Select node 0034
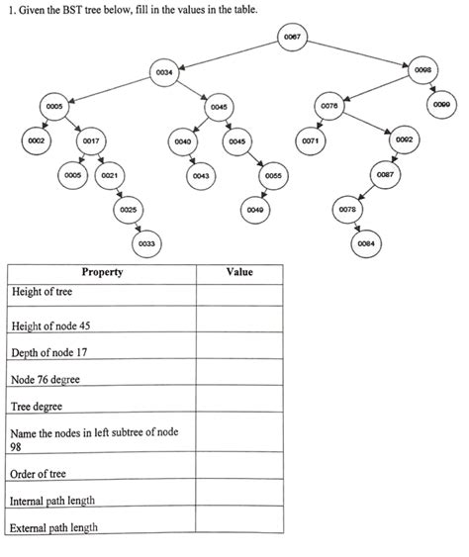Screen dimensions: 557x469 [x=164, y=71]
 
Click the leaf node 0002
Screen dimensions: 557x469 [x=37, y=141]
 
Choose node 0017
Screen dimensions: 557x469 [x=89, y=141]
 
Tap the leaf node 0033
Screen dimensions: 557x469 [x=146, y=243]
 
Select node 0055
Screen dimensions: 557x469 [x=273, y=175]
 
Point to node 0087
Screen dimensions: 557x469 [x=386, y=175]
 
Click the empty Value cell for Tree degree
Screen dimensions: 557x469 [x=239, y=406]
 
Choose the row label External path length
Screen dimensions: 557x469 [x=54, y=527]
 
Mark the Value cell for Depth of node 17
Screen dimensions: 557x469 [x=239, y=353]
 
